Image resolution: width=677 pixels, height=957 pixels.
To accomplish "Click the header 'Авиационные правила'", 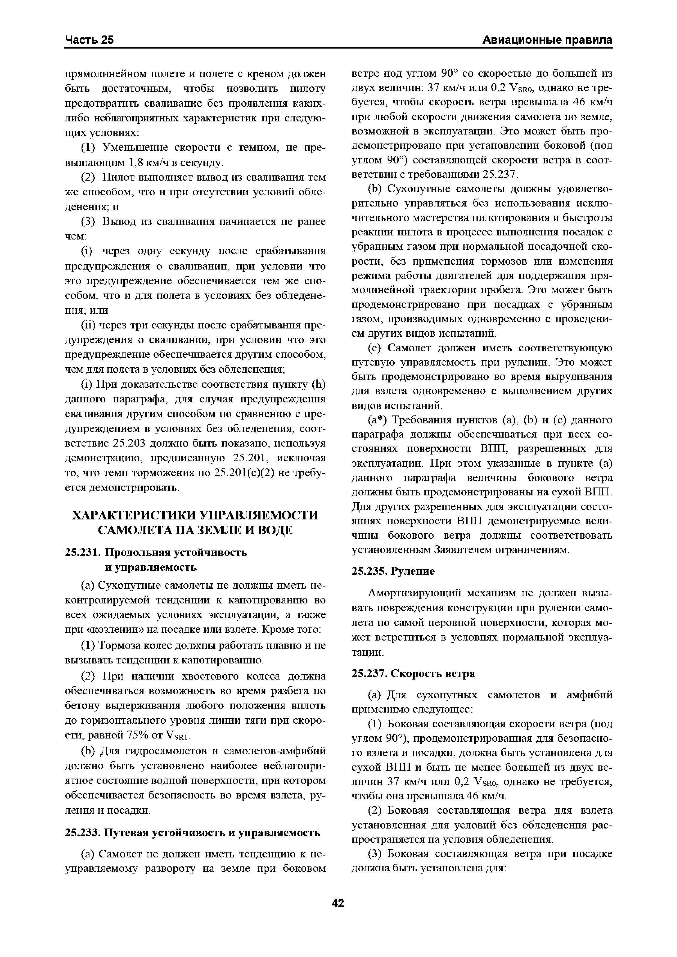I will click(x=547, y=40).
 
